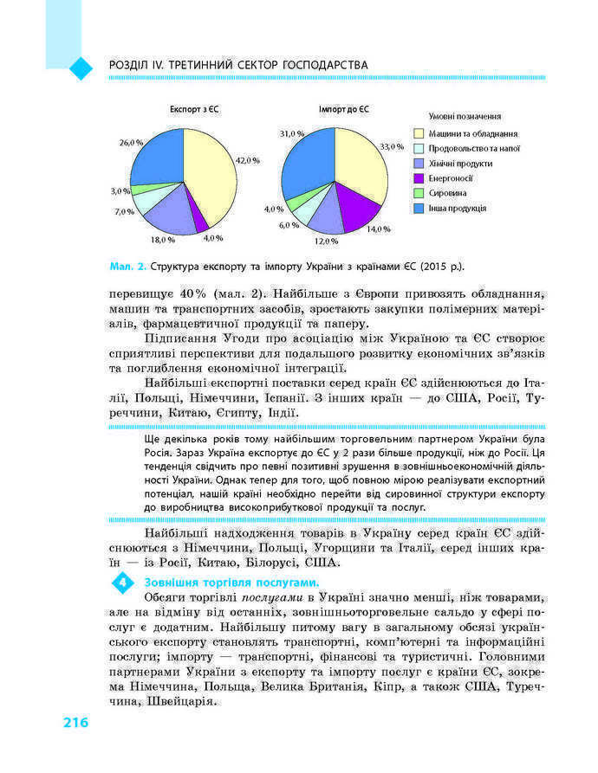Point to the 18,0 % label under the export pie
pyautogui.click(x=163, y=239)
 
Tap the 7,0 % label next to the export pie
pyautogui.click(x=124, y=211)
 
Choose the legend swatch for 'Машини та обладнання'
pyautogui.click(x=419, y=133)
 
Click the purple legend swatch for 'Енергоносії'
pyautogui.click(x=419, y=178)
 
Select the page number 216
pyautogui.click(x=75, y=723)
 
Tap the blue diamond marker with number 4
pyautogui.click(x=124, y=583)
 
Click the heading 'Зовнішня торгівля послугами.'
pyautogui.click(x=220, y=583)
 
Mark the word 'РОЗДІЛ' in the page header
pyautogui.click(x=128, y=65)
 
